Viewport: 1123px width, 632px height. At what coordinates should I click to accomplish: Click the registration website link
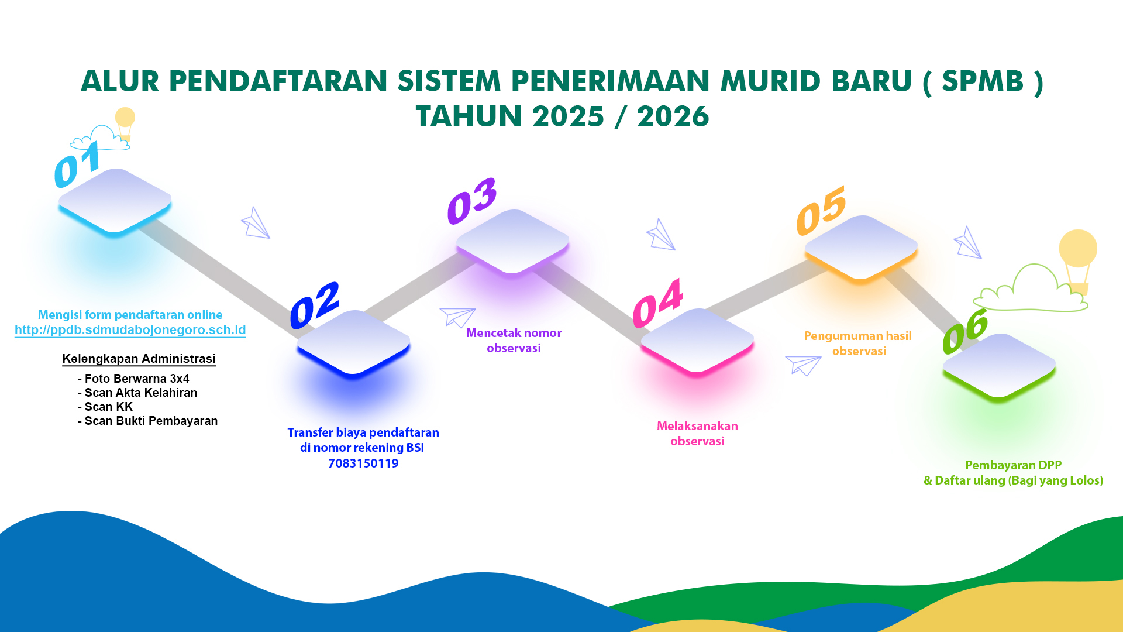(130, 330)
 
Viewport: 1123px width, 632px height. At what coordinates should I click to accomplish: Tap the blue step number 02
(315, 305)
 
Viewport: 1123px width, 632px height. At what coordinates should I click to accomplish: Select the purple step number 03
(472, 201)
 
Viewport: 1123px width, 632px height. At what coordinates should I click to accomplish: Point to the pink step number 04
(658, 303)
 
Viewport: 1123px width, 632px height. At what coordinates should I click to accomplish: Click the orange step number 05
(821, 211)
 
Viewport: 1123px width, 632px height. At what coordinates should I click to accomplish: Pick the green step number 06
(966, 331)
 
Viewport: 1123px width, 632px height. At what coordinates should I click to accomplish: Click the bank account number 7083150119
(363, 463)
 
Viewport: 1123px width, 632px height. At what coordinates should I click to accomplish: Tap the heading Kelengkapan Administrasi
(139, 359)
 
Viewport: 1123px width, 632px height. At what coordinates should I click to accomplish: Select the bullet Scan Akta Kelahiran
(137, 393)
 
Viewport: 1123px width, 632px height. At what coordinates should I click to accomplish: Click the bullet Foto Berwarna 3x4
(133, 379)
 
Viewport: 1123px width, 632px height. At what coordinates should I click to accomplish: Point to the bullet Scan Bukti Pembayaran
(148, 421)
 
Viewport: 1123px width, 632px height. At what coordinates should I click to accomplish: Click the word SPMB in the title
(983, 81)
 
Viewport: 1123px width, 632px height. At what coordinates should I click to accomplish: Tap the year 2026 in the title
(673, 116)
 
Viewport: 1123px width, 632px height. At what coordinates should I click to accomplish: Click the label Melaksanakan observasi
(697, 434)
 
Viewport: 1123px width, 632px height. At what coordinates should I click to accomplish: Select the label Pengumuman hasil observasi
(858, 344)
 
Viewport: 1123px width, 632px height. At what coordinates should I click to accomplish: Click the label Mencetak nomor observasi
(514, 341)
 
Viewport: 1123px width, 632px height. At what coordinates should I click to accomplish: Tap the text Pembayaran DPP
(1013, 465)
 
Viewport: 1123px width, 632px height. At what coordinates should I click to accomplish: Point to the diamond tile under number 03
(512, 241)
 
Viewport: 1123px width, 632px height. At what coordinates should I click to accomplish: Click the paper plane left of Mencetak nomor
(457, 317)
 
